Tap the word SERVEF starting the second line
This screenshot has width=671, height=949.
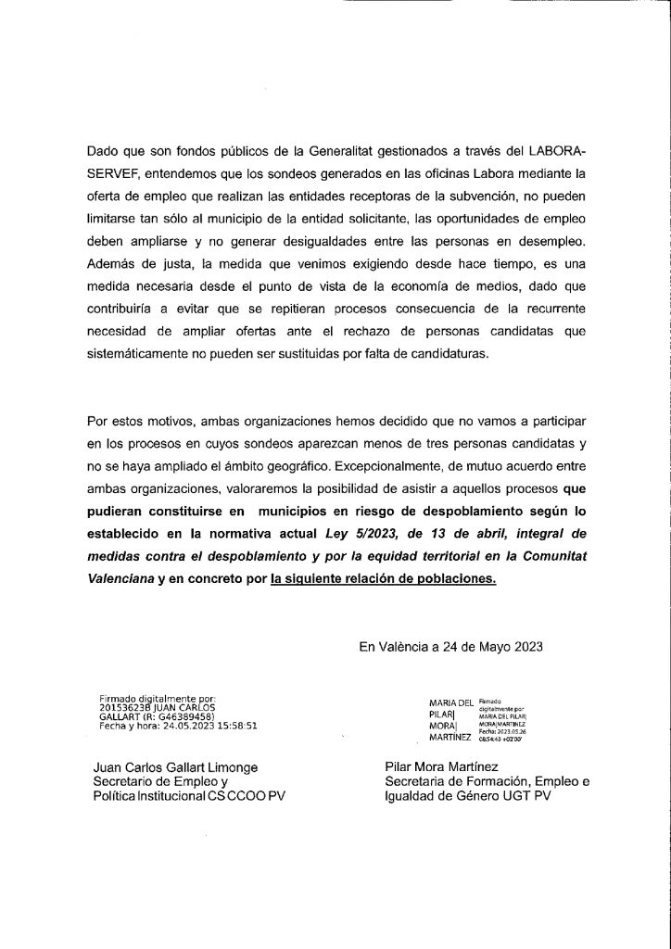click(111, 172)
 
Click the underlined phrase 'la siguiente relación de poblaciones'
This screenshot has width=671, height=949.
click(384, 580)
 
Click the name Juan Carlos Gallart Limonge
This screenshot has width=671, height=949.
click(177, 767)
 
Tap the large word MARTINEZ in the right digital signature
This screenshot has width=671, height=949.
click(450, 738)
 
